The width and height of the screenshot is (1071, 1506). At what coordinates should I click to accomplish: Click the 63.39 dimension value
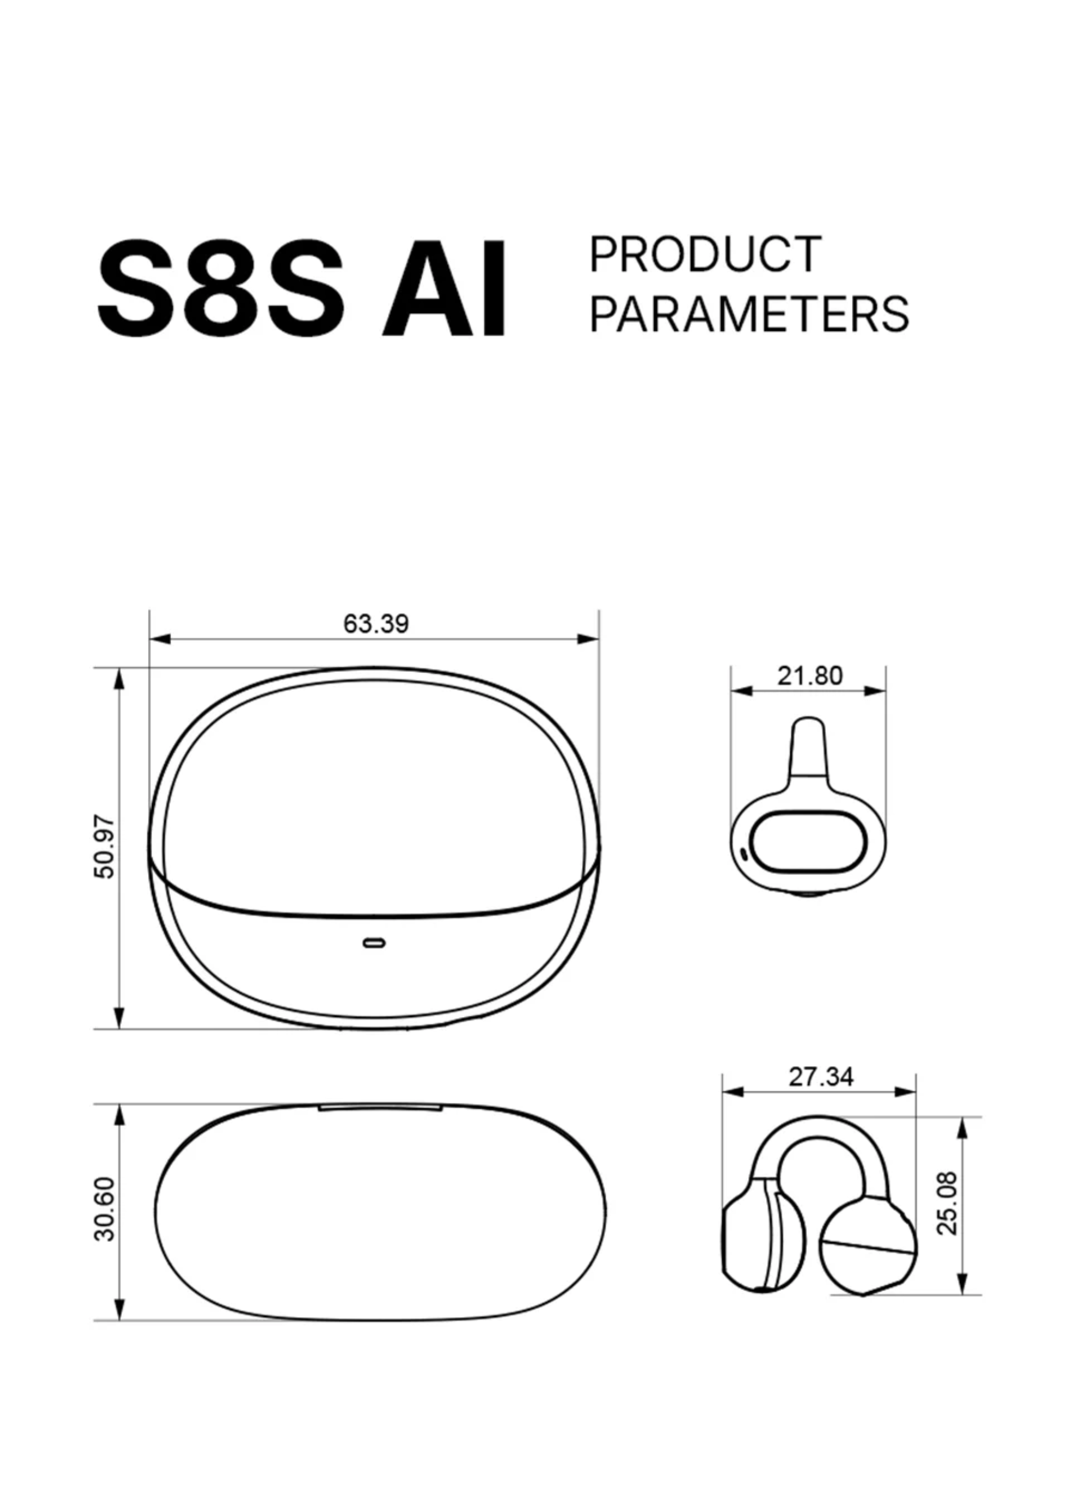pyautogui.click(x=376, y=624)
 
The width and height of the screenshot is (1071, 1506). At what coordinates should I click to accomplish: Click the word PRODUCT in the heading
pyautogui.click(x=705, y=255)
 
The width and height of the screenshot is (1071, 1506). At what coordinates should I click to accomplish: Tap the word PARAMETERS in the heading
pyautogui.click(x=749, y=314)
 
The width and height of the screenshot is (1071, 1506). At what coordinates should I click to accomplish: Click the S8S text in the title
pyautogui.click(x=221, y=289)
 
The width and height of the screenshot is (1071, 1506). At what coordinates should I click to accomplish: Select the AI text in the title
pyautogui.click(x=445, y=289)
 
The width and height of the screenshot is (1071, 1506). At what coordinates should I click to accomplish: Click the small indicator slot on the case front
pyautogui.click(x=374, y=943)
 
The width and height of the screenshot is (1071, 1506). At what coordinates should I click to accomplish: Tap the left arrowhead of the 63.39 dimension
pyautogui.click(x=159, y=639)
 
